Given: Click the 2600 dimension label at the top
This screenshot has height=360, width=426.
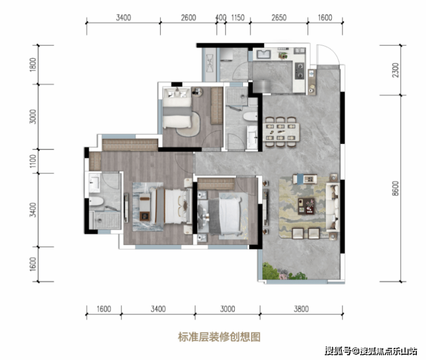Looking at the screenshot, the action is (x=189, y=18).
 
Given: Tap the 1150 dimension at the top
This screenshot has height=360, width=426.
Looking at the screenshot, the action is (x=238, y=18).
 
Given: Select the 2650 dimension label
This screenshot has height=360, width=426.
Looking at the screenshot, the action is (x=279, y=18).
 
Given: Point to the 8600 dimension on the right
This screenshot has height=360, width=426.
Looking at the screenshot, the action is (x=395, y=189).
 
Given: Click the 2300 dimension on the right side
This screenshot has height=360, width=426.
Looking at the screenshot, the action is (x=395, y=70).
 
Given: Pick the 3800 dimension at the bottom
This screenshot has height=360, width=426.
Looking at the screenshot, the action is (x=301, y=309).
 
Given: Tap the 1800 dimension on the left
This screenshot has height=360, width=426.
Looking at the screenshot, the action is (x=33, y=64).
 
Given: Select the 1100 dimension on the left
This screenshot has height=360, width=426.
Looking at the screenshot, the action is (x=33, y=161).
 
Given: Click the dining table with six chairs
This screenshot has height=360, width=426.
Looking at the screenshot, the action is (x=281, y=132).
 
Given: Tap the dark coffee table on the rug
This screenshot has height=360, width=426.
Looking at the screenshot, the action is (x=306, y=206).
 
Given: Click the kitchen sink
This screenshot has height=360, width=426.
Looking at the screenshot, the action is (x=264, y=54).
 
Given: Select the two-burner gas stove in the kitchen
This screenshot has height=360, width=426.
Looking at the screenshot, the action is (x=300, y=70).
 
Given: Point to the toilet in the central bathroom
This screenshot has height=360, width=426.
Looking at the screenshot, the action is (x=250, y=117).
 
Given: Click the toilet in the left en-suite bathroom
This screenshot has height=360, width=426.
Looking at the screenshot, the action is (x=97, y=201).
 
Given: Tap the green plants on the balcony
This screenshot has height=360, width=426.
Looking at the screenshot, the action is (x=283, y=272).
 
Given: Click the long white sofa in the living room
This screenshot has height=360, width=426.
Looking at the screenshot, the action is (x=333, y=206).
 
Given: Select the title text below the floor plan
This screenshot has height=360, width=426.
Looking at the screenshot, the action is (x=219, y=337).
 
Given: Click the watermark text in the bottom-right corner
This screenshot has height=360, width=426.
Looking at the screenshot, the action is (x=371, y=350).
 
